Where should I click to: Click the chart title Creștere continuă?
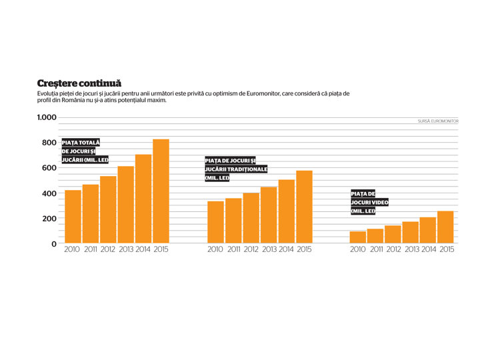79,83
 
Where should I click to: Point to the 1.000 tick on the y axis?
47,117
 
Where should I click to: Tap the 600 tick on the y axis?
49,168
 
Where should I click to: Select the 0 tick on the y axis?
54,244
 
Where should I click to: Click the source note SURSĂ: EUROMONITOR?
438,121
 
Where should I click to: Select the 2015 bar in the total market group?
161,191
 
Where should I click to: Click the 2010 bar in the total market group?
73,217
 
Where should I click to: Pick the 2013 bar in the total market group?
126,205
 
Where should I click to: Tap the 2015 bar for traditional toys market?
304,207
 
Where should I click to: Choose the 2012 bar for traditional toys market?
251,218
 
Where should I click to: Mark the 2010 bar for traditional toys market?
215,222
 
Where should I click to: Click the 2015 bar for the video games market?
445,227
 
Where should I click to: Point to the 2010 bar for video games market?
358,237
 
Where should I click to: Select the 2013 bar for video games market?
410,233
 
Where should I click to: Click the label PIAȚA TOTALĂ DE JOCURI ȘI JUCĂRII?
85,151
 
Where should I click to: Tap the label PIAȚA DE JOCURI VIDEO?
369,202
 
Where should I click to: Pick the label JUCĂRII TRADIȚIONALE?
236,169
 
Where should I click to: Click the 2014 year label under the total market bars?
143,249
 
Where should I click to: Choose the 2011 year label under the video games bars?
377,249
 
